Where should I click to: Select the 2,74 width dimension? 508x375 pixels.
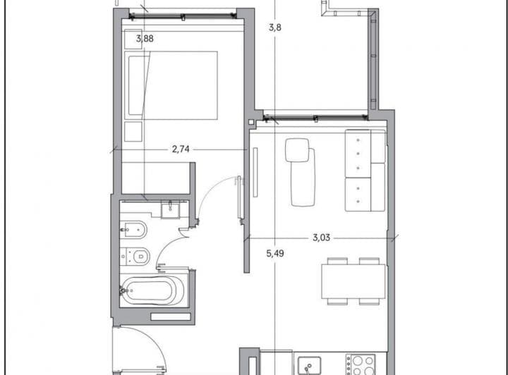181,149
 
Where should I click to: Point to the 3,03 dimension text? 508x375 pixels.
322,238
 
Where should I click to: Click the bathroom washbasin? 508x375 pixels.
170,209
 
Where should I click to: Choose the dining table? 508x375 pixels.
353,281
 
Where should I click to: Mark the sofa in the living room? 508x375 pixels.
364,170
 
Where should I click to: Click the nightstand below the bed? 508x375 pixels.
133,131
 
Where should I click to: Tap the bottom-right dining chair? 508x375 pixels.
370,302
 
